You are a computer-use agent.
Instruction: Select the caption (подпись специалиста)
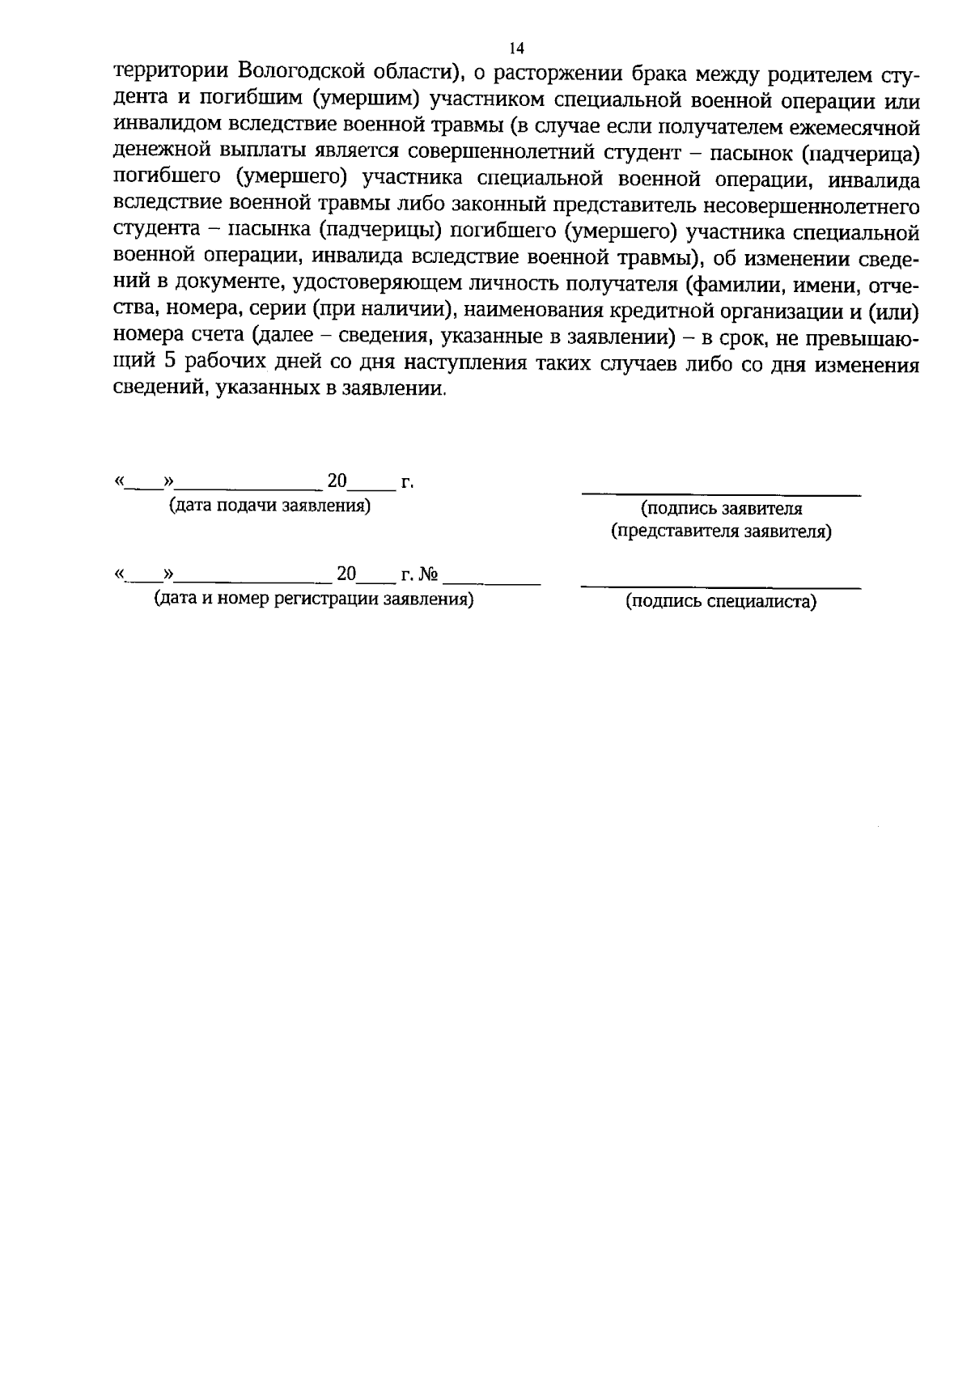721,601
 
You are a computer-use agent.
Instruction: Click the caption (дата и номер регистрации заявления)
314,599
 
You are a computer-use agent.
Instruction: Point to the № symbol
429,574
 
